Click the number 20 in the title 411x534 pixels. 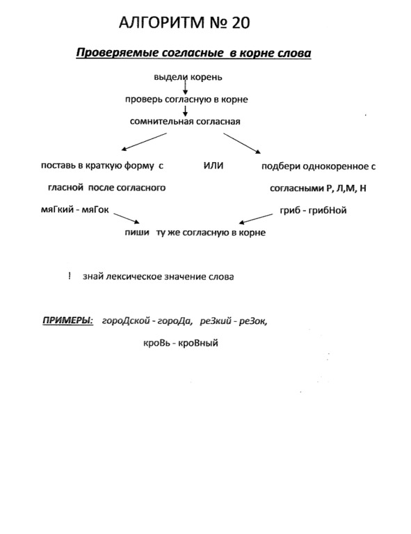point(241,23)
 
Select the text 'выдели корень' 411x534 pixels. point(188,77)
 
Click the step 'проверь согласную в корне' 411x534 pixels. point(186,100)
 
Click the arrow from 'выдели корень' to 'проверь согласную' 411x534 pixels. point(185,88)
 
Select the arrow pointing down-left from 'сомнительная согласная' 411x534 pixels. point(144,142)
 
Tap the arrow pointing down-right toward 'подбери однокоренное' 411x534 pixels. point(242,143)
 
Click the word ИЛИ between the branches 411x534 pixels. point(213,166)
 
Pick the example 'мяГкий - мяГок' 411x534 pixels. point(74,210)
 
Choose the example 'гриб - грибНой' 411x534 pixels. point(313,211)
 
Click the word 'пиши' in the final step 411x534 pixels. point(137,233)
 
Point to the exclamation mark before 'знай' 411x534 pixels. point(70,276)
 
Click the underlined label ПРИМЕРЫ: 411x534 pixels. point(67,321)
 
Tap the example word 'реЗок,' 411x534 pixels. point(253,321)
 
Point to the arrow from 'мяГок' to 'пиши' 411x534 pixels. point(127,218)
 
